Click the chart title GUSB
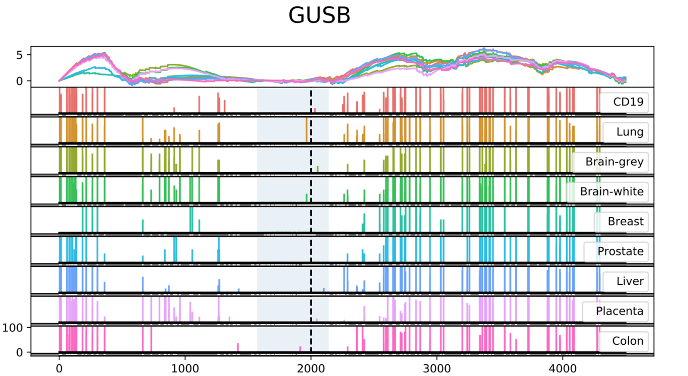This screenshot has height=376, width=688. (319, 15)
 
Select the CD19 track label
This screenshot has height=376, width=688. (628, 102)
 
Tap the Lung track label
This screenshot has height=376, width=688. (630, 132)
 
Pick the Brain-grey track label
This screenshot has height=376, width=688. (614, 162)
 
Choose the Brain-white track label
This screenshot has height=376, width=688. (611, 191)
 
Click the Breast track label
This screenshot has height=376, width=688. (625, 221)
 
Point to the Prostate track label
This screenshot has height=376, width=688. (620, 251)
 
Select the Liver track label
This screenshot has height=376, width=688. (630, 281)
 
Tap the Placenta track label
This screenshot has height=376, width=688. (620, 311)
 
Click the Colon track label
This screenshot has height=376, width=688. (627, 341)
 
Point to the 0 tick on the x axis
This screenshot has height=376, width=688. (59, 368)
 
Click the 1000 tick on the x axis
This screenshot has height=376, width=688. (185, 368)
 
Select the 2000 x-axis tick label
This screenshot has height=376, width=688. (311, 368)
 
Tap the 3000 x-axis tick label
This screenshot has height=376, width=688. (437, 368)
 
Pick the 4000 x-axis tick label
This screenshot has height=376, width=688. (563, 368)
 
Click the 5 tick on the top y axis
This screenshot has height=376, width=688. (20, 55)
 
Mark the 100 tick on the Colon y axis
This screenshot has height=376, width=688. (12, 328)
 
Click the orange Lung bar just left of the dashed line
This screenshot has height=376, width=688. (307, 130)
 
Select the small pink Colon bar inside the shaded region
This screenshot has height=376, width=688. (300, 349)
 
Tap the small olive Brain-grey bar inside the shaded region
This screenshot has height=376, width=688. (318, 169)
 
